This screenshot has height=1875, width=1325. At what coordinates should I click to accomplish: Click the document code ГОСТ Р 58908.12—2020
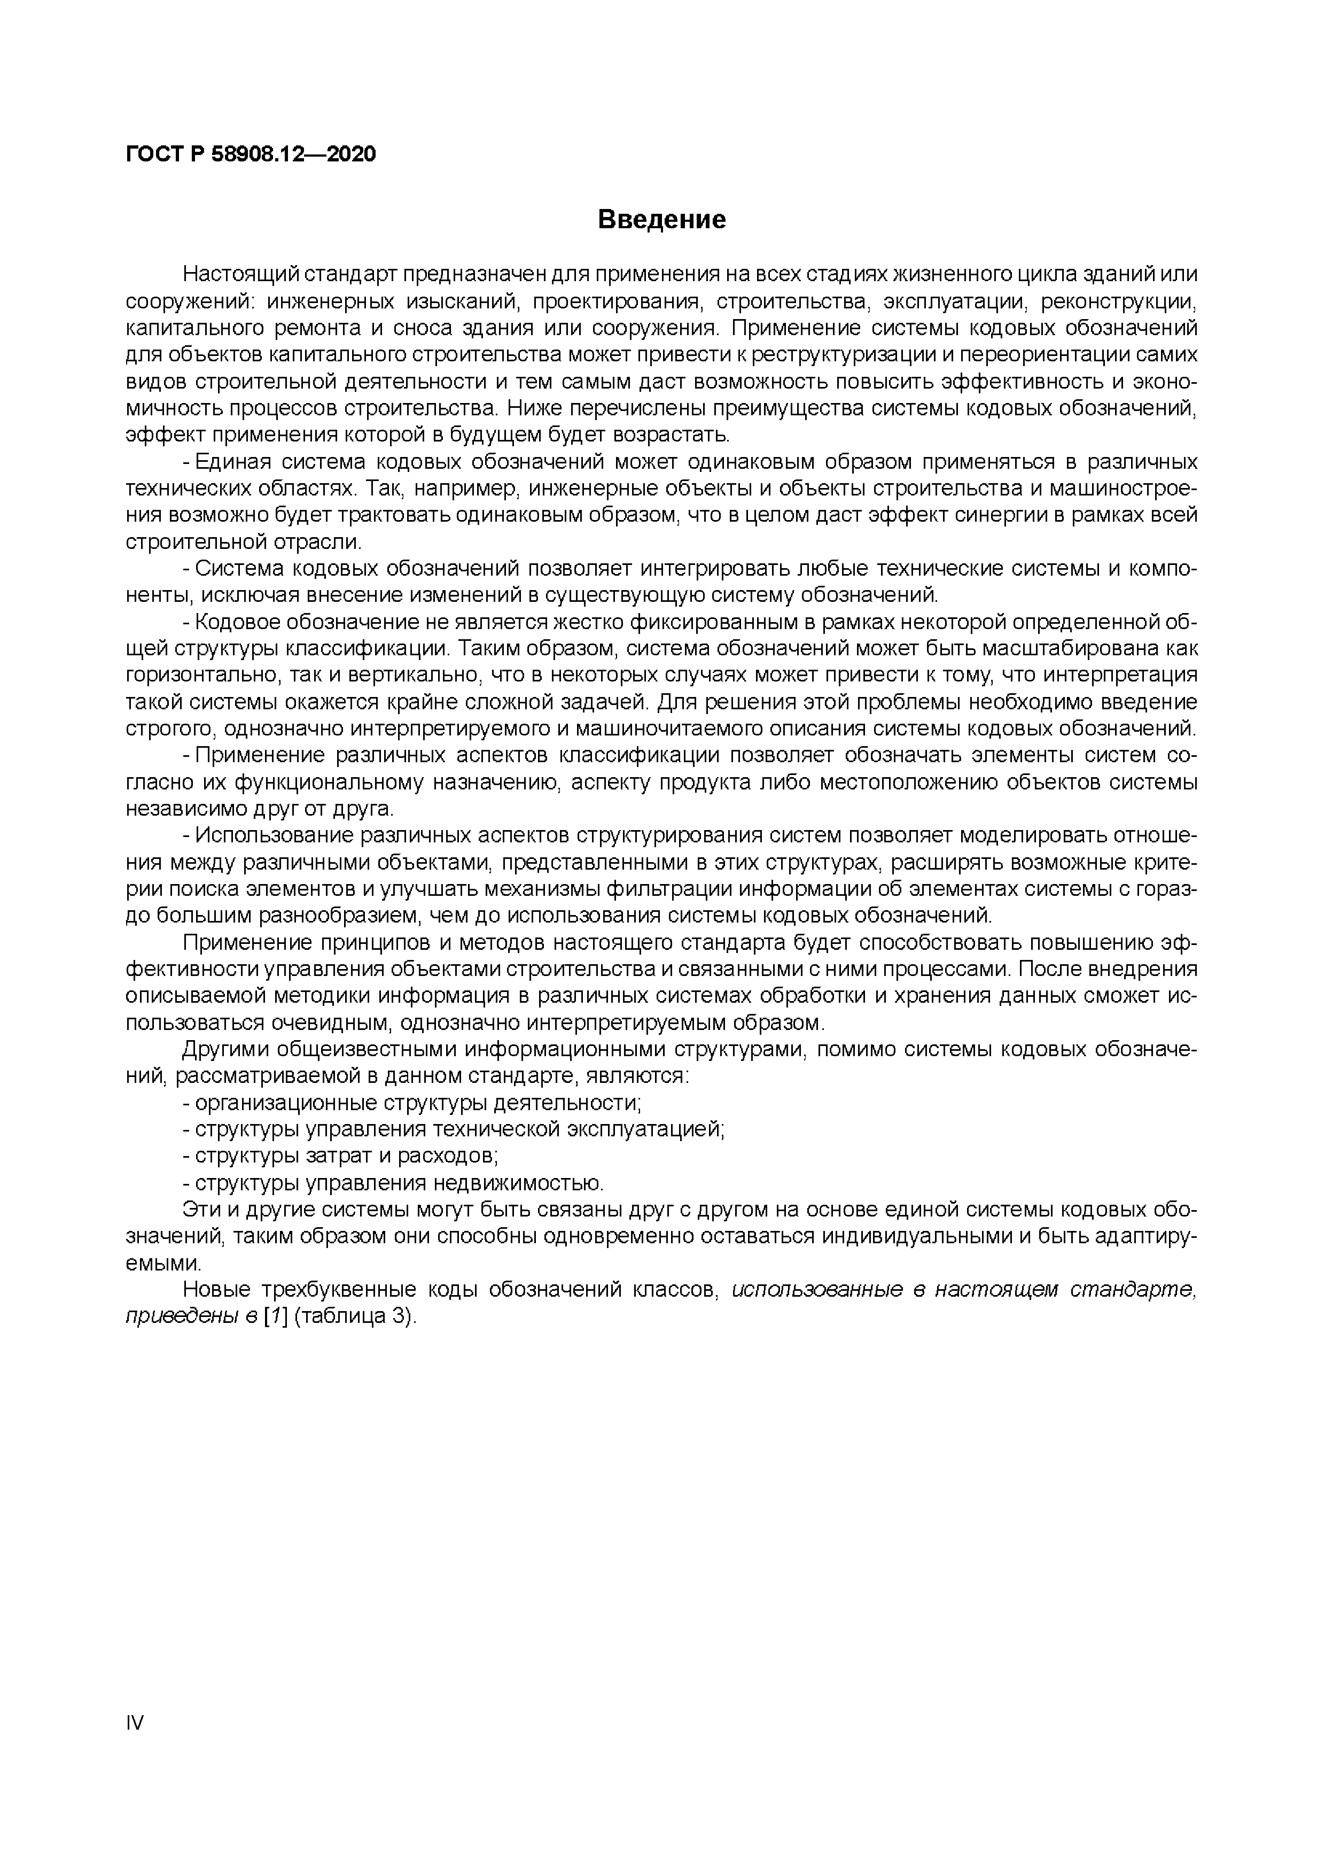(251, 153)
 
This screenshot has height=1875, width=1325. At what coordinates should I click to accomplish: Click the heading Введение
(661, 220)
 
